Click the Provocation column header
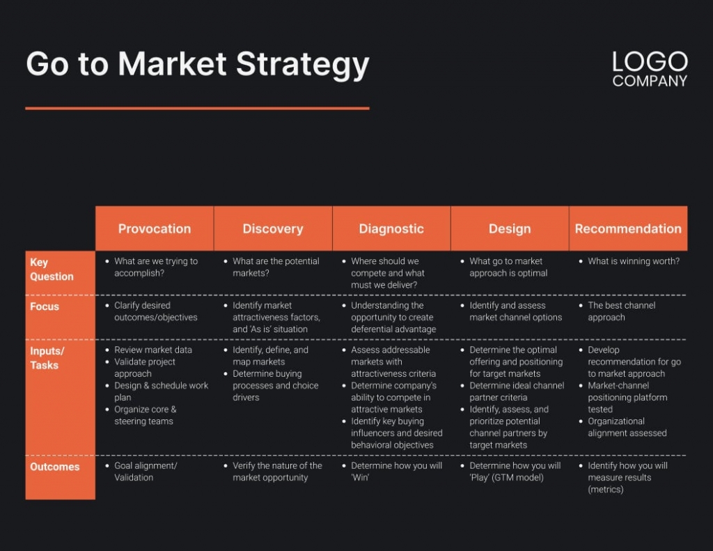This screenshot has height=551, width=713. click(x=154, y=228)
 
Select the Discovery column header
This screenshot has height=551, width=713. click(x=272, y=228)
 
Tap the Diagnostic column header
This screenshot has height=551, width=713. click(x=391, y=228)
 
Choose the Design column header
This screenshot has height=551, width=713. click(x=509, y=228)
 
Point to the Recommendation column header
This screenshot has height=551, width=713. click(x=627, y=228)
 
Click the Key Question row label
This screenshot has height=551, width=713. click(x=51, y=269)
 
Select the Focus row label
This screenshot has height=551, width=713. click(x=45, y=306)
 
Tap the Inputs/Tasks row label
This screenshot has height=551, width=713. click(x=47, y=357)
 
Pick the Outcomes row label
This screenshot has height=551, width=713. click(x=54, y=467)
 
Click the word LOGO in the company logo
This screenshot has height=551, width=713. click(x=650, y=62)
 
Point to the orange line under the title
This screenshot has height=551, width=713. click(x=197, y=108)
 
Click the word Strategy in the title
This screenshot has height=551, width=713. click(x=302, y=65)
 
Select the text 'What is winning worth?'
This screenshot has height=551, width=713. click(x=633, y=261)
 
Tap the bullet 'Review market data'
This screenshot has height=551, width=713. click(x=152, y=350)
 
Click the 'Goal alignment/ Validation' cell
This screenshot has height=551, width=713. click(x=145, y=472)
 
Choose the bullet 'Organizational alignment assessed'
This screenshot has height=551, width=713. click(x=627, y=427)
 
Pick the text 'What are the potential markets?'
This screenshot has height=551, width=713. click(x=275, y=267)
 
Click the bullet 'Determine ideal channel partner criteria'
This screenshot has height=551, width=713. click(x=516, y=391)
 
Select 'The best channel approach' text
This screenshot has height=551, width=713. click(x=621, y=311)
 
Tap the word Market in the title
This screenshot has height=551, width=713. click(x=173, y=65)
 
